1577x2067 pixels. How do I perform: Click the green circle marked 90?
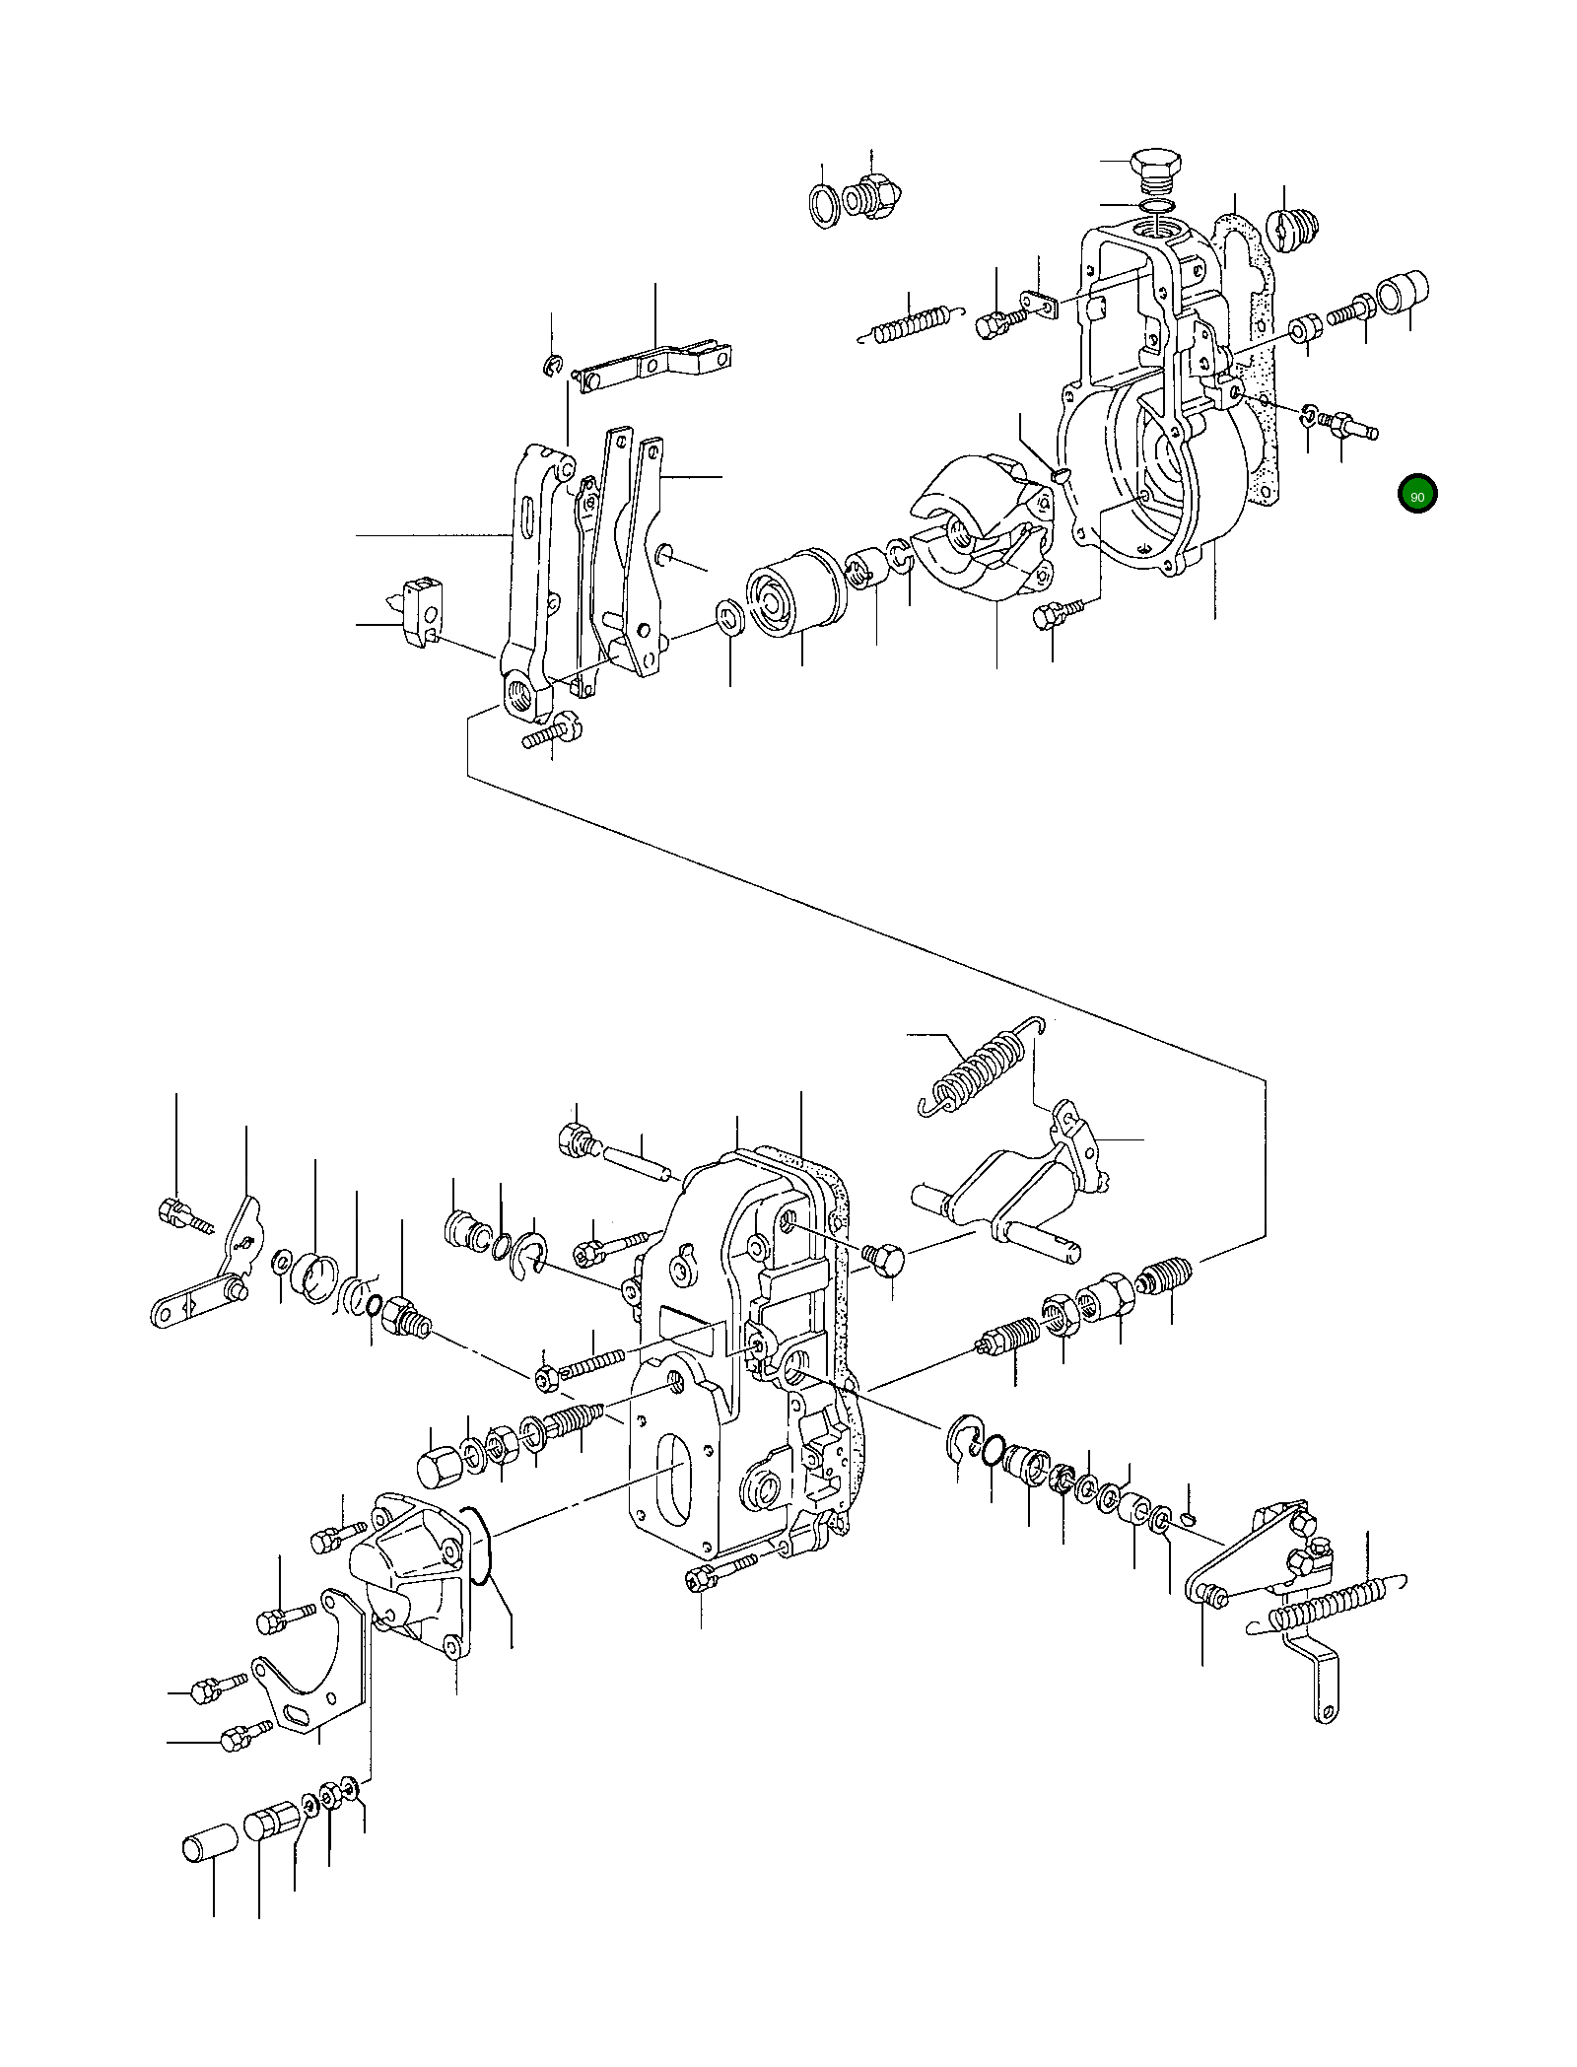pyautogui.click(x=1416, y=496)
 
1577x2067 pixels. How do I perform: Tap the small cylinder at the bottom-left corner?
pyautogui.click(x=210, y=1842)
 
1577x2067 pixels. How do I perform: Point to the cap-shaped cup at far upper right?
pyautogui.click(x=1404, y=291)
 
